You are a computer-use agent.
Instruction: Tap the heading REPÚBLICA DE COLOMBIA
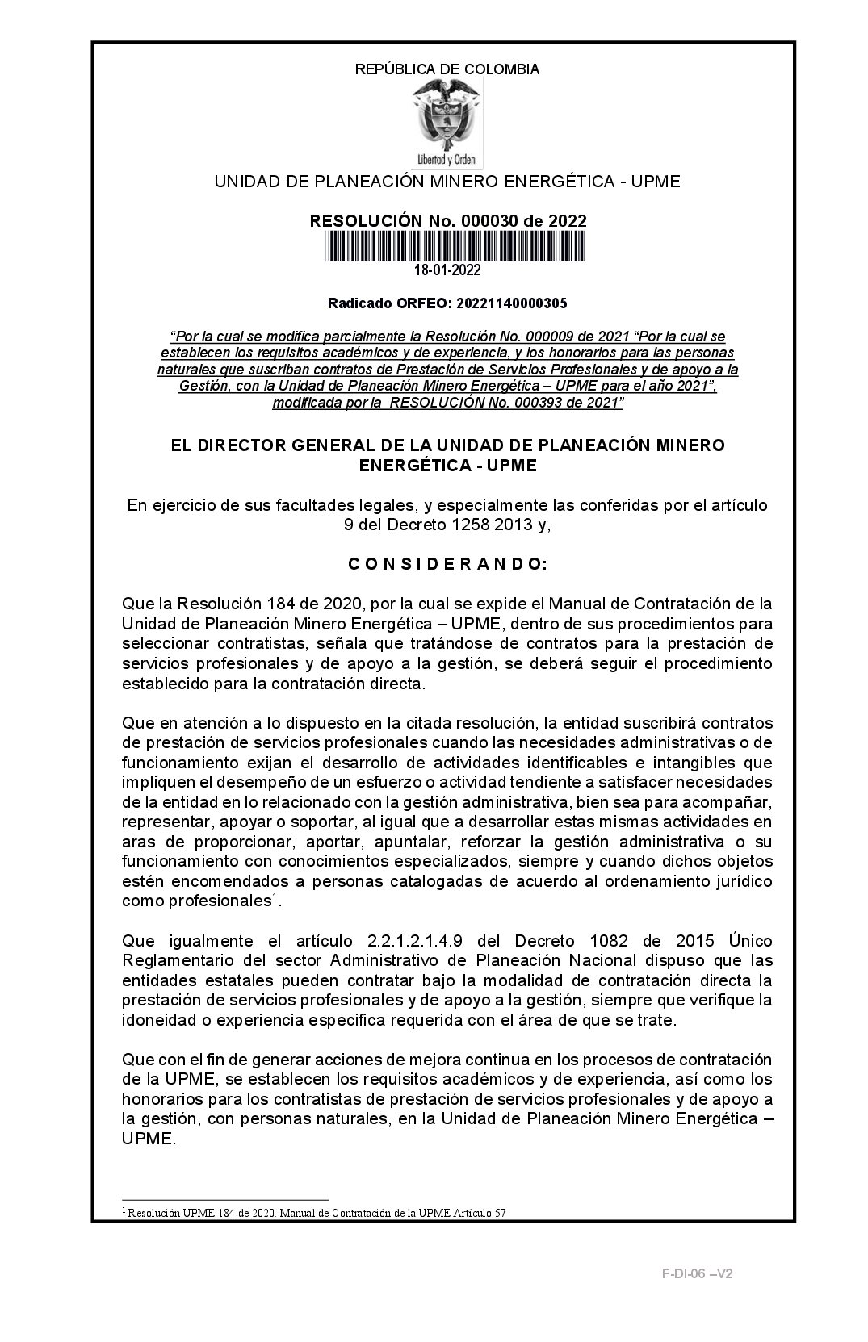tap(447, 69)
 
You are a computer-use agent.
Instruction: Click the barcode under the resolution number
tap(455, 245)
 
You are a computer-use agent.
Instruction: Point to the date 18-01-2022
tap(447, 270)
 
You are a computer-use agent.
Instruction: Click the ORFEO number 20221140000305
tap(512, 303)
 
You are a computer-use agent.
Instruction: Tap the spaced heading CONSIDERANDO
tap(447, 565)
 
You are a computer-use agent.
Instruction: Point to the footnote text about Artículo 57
tap(314, 1212)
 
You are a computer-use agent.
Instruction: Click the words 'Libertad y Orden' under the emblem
tap(447, 159)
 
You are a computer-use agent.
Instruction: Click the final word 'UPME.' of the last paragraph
tap(149, 1139)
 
